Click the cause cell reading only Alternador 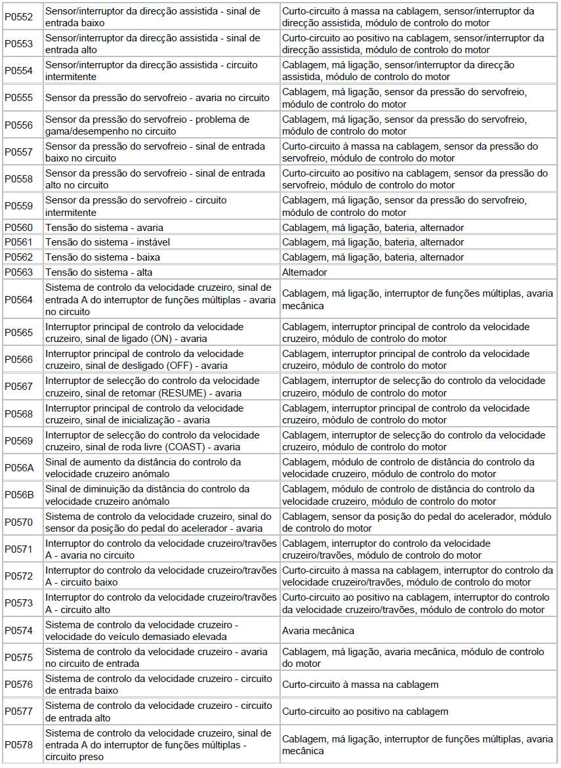tap(304, 272)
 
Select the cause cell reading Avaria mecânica tap(318, 631)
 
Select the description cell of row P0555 tap(157, 98)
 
